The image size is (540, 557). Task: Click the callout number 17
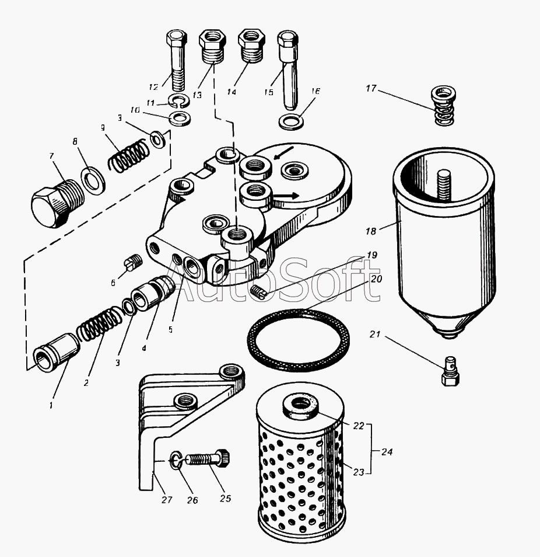point(371,88)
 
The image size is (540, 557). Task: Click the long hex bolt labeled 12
point(177,60)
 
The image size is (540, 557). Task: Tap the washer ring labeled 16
point(291,122)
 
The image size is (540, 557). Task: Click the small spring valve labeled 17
point(444,105)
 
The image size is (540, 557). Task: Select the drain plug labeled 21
point(450,371)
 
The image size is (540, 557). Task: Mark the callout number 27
point(167,500)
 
